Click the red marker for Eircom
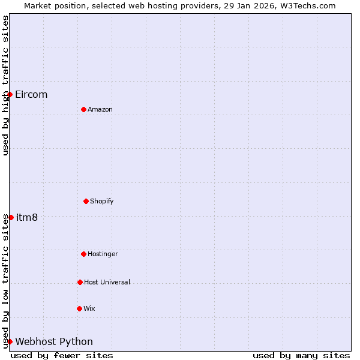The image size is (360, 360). (10, 94)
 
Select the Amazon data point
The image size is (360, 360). (83, 109)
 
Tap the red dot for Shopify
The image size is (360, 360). (86, 201)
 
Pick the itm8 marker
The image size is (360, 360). (11, 217)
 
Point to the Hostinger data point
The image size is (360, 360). (83, 254)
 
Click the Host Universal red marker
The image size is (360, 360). (80, 282)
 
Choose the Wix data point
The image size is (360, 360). (79, 308)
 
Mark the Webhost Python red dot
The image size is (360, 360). (10, 341)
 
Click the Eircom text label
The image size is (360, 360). (31, 95)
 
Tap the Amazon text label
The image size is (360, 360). (100, 110)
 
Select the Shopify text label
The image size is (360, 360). (102, 202)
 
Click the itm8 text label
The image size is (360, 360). (27, 218)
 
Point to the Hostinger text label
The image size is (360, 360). (103, 254)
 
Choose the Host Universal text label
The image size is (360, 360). (107, 283)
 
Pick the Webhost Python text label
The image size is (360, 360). (54, 342)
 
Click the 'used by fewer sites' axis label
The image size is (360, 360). (62, 355)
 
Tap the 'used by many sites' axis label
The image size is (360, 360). (301, 355)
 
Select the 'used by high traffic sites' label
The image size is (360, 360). (5, 85)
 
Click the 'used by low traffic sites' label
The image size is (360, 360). (5, 281)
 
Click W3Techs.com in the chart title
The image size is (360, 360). (305, 5)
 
